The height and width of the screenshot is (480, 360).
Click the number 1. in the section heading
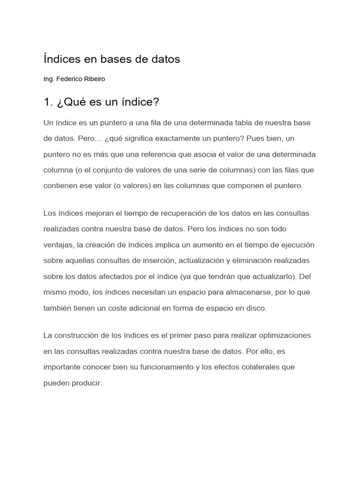point(48,102)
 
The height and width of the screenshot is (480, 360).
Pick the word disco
point(257,308)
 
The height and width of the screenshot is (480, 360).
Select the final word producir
point(86,383)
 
